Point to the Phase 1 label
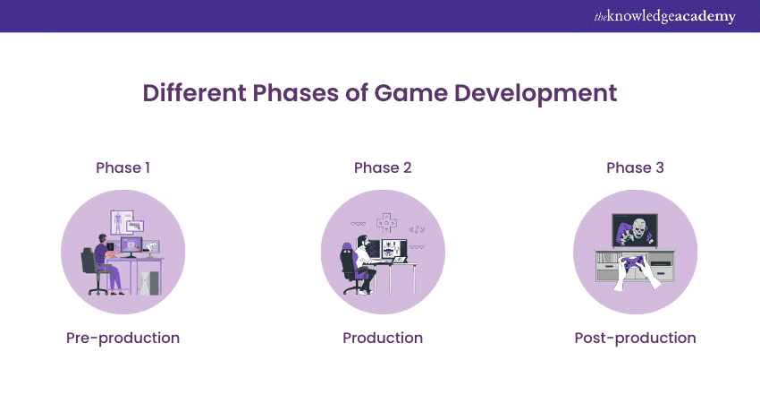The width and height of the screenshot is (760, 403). (122, 167)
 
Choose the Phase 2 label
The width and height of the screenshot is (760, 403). (382, 167)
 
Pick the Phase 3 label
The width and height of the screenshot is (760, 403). (634, 167)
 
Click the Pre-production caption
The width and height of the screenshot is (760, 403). (122, 338)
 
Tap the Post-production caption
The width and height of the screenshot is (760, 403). (634, 338)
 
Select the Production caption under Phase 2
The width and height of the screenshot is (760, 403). (382, 338)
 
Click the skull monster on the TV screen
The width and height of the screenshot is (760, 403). (634, 231)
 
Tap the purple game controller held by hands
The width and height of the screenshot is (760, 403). (634, 264)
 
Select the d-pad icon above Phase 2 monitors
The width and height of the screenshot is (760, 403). (387, 223)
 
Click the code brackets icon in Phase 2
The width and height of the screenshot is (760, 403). (417, 229)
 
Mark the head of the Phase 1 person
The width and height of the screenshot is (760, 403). (104, 239)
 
